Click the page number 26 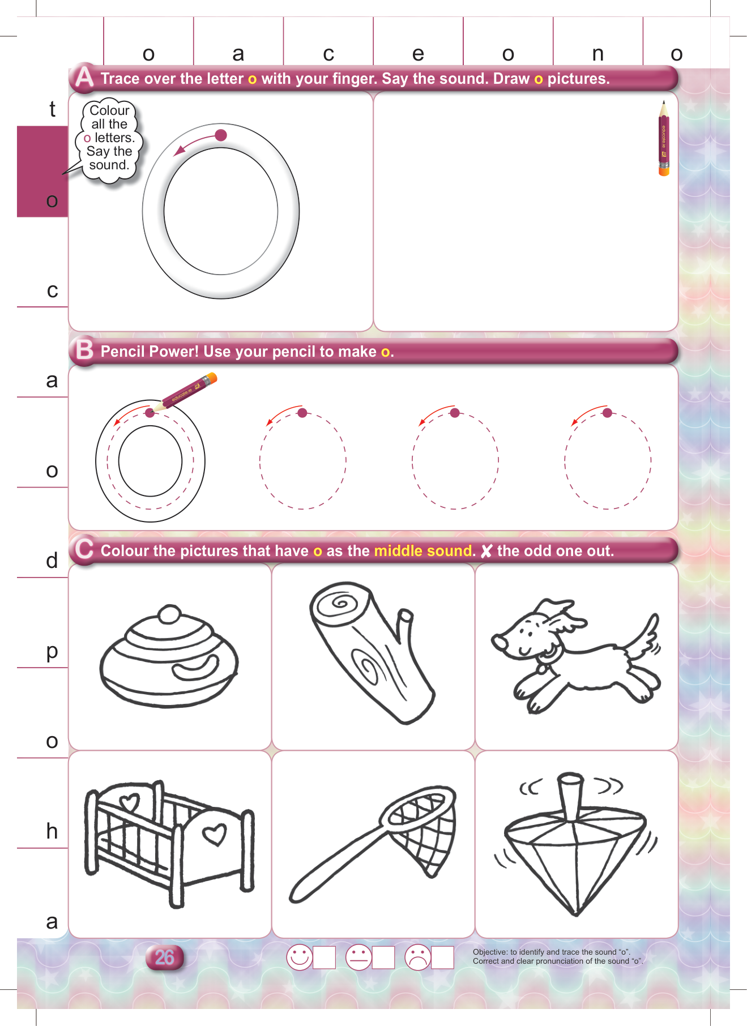(x=164, y=957)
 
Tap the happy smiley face (x=300, y=957)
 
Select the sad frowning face (x=418, y=957)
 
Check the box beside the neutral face (x=383, y=957)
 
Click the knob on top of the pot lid (x=169, y=614)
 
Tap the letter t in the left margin (x=52, y=108)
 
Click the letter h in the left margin (x=52, y=830)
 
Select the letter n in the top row (x=597, y=54)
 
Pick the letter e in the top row (x=418, y=54)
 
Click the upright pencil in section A (x=664, y=139)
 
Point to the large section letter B (x=85, y=349)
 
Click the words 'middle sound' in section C (x=423, y=550)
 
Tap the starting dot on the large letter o (x=221, y=135)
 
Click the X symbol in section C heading (x=486, y=551)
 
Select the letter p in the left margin (x=52, y=652)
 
